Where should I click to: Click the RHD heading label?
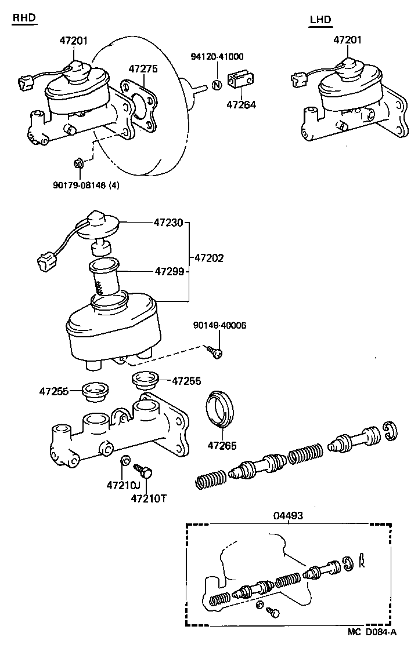[24, 18]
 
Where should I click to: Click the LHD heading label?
[320, 20]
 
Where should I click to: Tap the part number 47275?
[143, 69]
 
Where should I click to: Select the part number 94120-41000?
[217, 56]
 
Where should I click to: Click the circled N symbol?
[217, 85]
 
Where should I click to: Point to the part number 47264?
[241, 105]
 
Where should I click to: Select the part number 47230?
[169, 222]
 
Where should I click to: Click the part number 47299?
[170, 271]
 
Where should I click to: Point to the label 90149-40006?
[219, 326]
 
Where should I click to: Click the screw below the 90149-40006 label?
[217, 351]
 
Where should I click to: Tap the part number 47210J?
[124, 485]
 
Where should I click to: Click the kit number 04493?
[287, 515]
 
